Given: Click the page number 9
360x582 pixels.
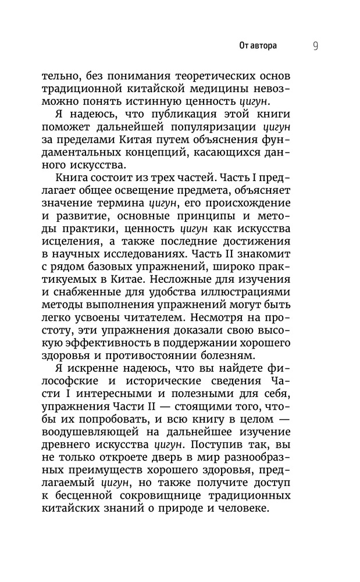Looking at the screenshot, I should click(315, 46).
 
